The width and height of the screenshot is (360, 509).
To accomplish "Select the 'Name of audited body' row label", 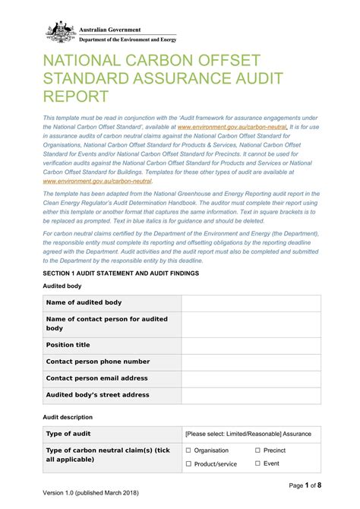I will (84, 302).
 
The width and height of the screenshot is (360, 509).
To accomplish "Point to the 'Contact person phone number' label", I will (98, 362).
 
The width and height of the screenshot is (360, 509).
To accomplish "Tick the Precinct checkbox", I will (257, 451).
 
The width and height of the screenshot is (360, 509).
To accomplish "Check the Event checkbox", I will (257, 463).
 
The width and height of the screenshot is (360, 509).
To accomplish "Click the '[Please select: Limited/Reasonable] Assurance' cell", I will (248, 434).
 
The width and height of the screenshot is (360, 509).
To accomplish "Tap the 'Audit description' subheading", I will (68, 417).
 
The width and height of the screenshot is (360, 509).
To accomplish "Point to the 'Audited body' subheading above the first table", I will (62, 286).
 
